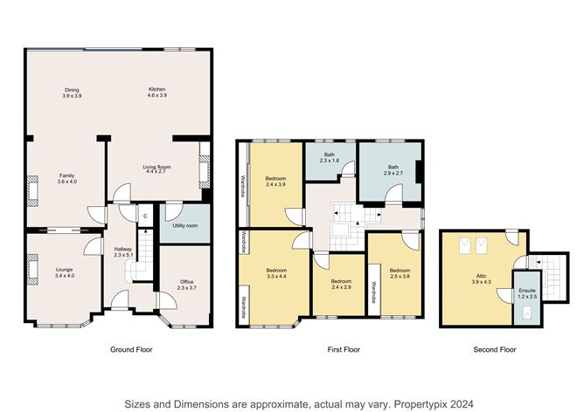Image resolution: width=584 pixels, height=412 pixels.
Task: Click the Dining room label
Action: click(72, 90)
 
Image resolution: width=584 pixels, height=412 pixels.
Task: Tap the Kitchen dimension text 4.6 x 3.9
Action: click(157, 95)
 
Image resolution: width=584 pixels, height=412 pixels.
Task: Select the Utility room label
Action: click(185, 226)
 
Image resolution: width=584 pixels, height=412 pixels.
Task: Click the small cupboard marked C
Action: click(145, 216)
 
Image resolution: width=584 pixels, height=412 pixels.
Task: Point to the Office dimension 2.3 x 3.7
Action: click(186, 288)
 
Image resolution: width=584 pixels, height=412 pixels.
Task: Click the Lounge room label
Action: click(65, 270)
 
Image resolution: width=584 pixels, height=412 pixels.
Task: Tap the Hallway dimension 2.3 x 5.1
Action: click(123, 255)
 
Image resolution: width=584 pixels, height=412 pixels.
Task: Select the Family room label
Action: click(67, 175)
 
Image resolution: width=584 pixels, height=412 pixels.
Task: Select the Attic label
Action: click(481, 277)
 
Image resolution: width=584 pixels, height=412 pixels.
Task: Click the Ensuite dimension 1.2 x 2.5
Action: click(527, 297)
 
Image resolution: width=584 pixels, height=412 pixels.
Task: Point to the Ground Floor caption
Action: click(131, 349)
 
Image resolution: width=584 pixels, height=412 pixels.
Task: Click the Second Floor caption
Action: click(495, 349)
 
